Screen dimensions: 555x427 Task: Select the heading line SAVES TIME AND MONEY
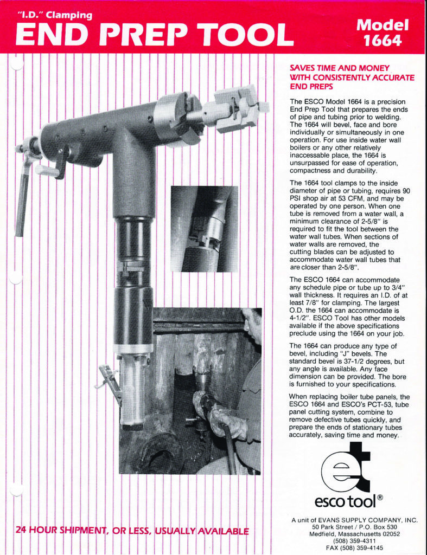[x=340, y=68]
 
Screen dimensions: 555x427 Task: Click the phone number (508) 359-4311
[x=354, y=540]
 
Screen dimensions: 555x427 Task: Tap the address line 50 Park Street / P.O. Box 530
[x=354, y=527]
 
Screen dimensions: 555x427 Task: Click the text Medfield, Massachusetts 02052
[x=354, y=534]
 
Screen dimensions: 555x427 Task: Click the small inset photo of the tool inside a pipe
[x=204, y=228]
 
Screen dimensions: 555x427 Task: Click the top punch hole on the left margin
[x=16, y=63]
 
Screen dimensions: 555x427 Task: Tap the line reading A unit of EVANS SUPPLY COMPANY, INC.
[x=354, y=520]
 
